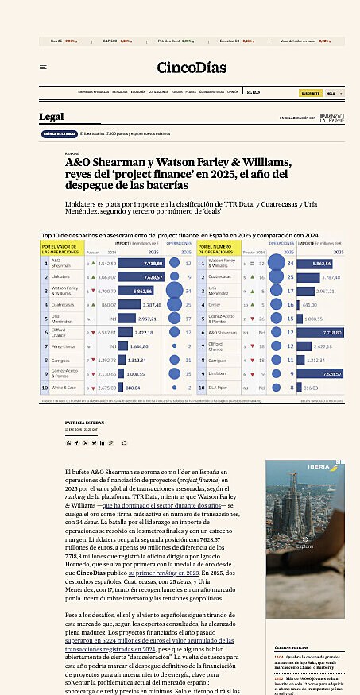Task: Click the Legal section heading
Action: pyautogui.click(x=52, y=118)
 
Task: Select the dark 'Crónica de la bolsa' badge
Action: pyautogui.click(x=60, y=133)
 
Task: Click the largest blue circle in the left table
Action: pyautogui.click(x=173, y=292)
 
